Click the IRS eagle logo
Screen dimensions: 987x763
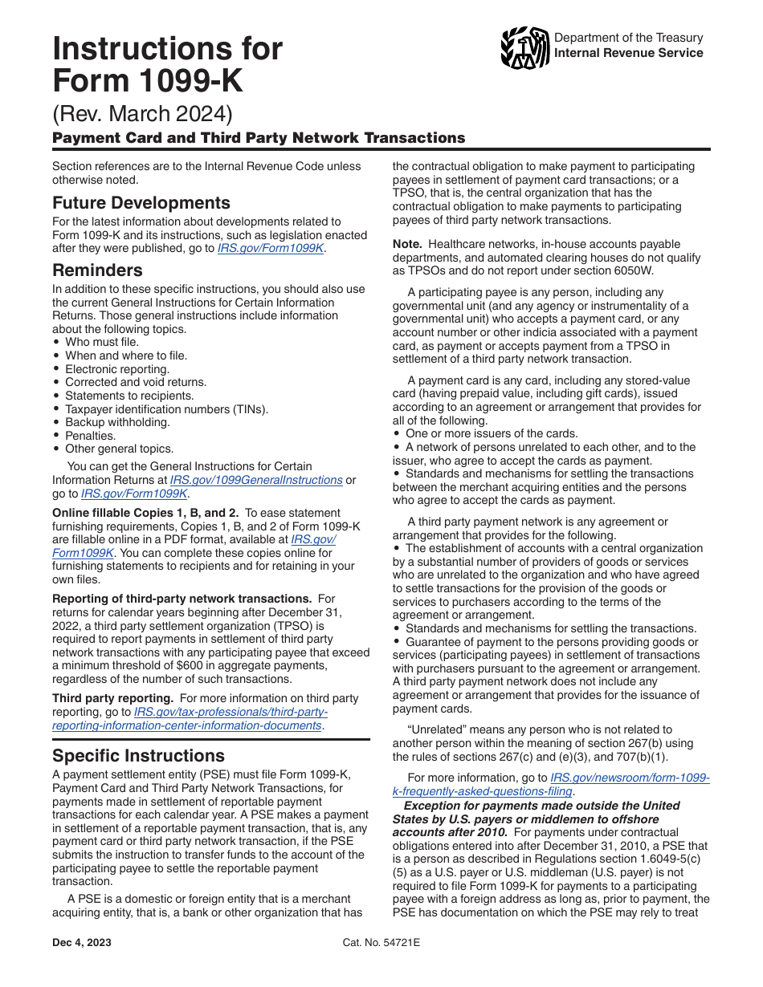524,47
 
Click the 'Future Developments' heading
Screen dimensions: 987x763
141,202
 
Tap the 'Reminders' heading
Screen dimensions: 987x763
97,270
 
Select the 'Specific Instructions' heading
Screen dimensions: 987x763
138,756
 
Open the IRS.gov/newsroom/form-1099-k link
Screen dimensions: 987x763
630,778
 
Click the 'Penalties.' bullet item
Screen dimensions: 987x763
91,436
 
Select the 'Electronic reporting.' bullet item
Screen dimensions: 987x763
117,369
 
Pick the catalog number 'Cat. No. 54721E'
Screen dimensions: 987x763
381,942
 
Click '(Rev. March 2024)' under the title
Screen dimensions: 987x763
142,113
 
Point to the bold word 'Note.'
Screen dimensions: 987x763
408,244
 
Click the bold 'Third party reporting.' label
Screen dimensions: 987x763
112,699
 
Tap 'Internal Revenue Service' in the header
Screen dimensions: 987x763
629,53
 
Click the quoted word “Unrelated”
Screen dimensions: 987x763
436,730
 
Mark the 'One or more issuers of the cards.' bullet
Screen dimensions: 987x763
492,434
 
